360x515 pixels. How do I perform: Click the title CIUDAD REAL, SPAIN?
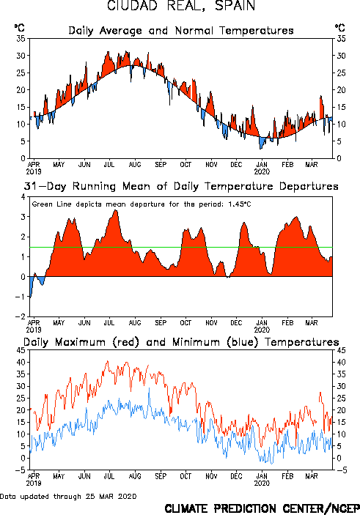click(x=181, y=6)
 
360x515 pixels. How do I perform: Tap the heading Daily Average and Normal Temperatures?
click(x=181, y=31)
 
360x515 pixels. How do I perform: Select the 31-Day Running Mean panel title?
click(x=181, y=186)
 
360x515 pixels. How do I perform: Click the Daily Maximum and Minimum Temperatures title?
click(x=181, y=342)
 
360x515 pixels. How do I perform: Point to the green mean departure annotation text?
click(x=142, y=204)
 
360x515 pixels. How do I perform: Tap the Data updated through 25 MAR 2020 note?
click(x=68, y=496)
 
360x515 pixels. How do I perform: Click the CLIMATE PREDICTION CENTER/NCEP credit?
click(x=262, y=508)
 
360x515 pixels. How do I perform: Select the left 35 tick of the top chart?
click(x=21, y=38)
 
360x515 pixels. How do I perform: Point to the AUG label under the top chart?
click(x=134, y=164)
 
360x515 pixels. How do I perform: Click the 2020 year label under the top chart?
click(x=262, y=171)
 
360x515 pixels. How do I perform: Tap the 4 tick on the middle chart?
click(x=23, y=197)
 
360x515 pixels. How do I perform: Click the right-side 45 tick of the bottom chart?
click(x=341, y=350)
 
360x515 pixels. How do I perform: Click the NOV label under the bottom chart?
click(x=211, y=476)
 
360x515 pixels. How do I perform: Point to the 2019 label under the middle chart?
click(x=34, y=330)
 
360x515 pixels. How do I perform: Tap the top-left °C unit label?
click(x=19, y=28)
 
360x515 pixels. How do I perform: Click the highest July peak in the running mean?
click(x=115, y=210)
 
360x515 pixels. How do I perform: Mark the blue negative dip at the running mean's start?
click(x=32, y=286)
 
